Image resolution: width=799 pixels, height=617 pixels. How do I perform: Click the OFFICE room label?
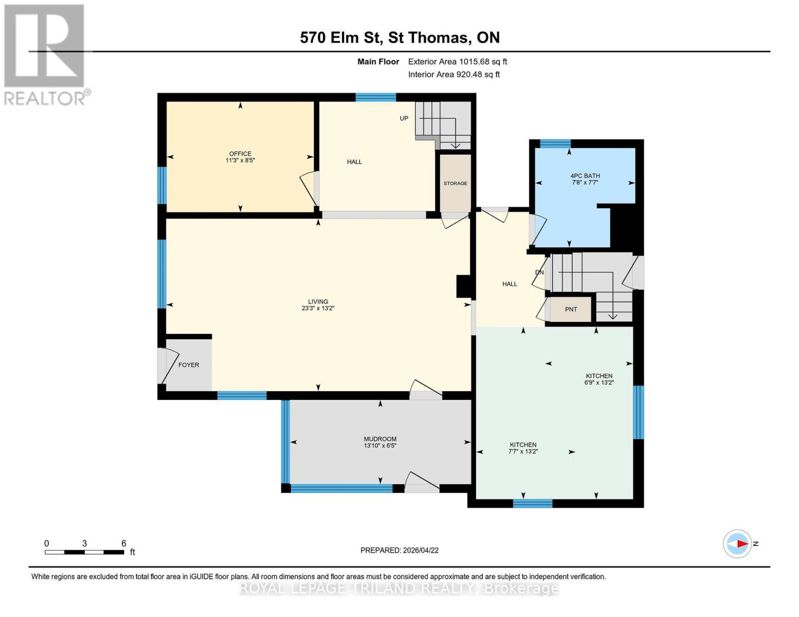click(x=240, y=154)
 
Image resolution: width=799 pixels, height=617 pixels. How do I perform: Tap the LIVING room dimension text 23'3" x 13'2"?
click(x=318, y=308)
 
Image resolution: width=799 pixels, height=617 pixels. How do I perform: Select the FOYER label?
click(x=188, y=365)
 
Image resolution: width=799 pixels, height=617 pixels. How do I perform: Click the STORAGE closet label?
click(x=455, y=184)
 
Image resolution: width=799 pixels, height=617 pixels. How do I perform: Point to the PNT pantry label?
click(x=571, y=310)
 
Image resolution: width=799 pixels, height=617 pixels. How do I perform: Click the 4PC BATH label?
click(x=585, y=176)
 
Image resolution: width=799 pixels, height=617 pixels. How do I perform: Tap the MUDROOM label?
click(x=380, y=439)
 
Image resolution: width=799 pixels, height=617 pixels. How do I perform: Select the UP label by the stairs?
click(x=404, y=118)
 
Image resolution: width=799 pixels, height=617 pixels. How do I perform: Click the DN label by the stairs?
click(x=539, y=273)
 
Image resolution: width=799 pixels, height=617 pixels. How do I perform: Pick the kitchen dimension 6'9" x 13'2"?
click(x=599, y=383)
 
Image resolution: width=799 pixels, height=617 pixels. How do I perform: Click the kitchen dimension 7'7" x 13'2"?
click(x=523, y=451)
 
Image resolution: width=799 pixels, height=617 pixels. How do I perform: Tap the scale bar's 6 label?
click(x=123, y=543)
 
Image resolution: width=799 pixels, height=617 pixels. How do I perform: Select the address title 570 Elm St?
click(x=342, y=38)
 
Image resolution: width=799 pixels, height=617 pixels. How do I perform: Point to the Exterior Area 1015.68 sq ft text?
click(x=457, y=62)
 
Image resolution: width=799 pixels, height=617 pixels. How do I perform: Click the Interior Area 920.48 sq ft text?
click(x=454, y=75)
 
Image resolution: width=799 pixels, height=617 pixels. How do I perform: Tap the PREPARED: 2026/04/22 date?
click(x=399, y=550)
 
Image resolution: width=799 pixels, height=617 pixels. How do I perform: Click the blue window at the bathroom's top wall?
click(x=555, y=143)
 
